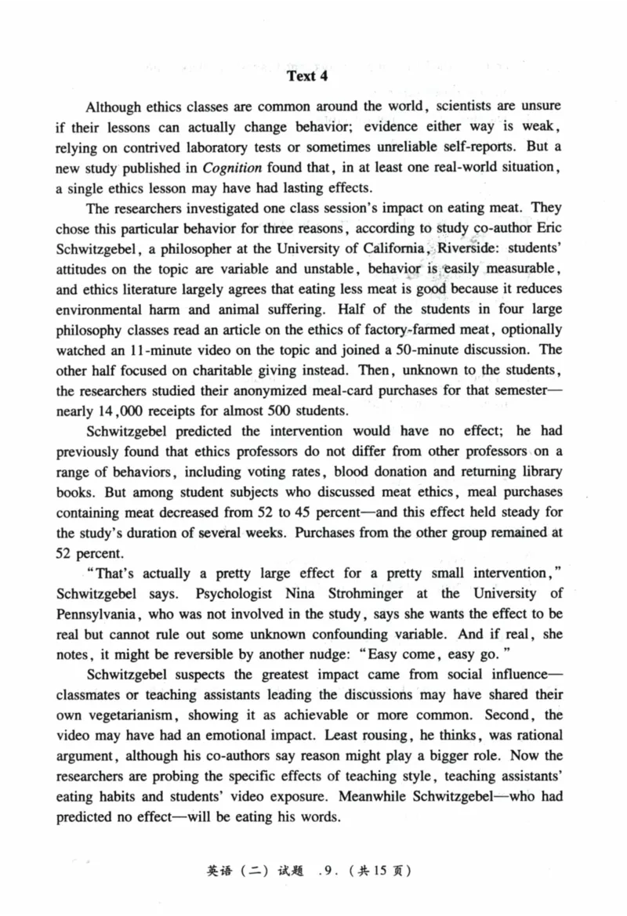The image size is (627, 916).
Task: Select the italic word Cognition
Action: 233,167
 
